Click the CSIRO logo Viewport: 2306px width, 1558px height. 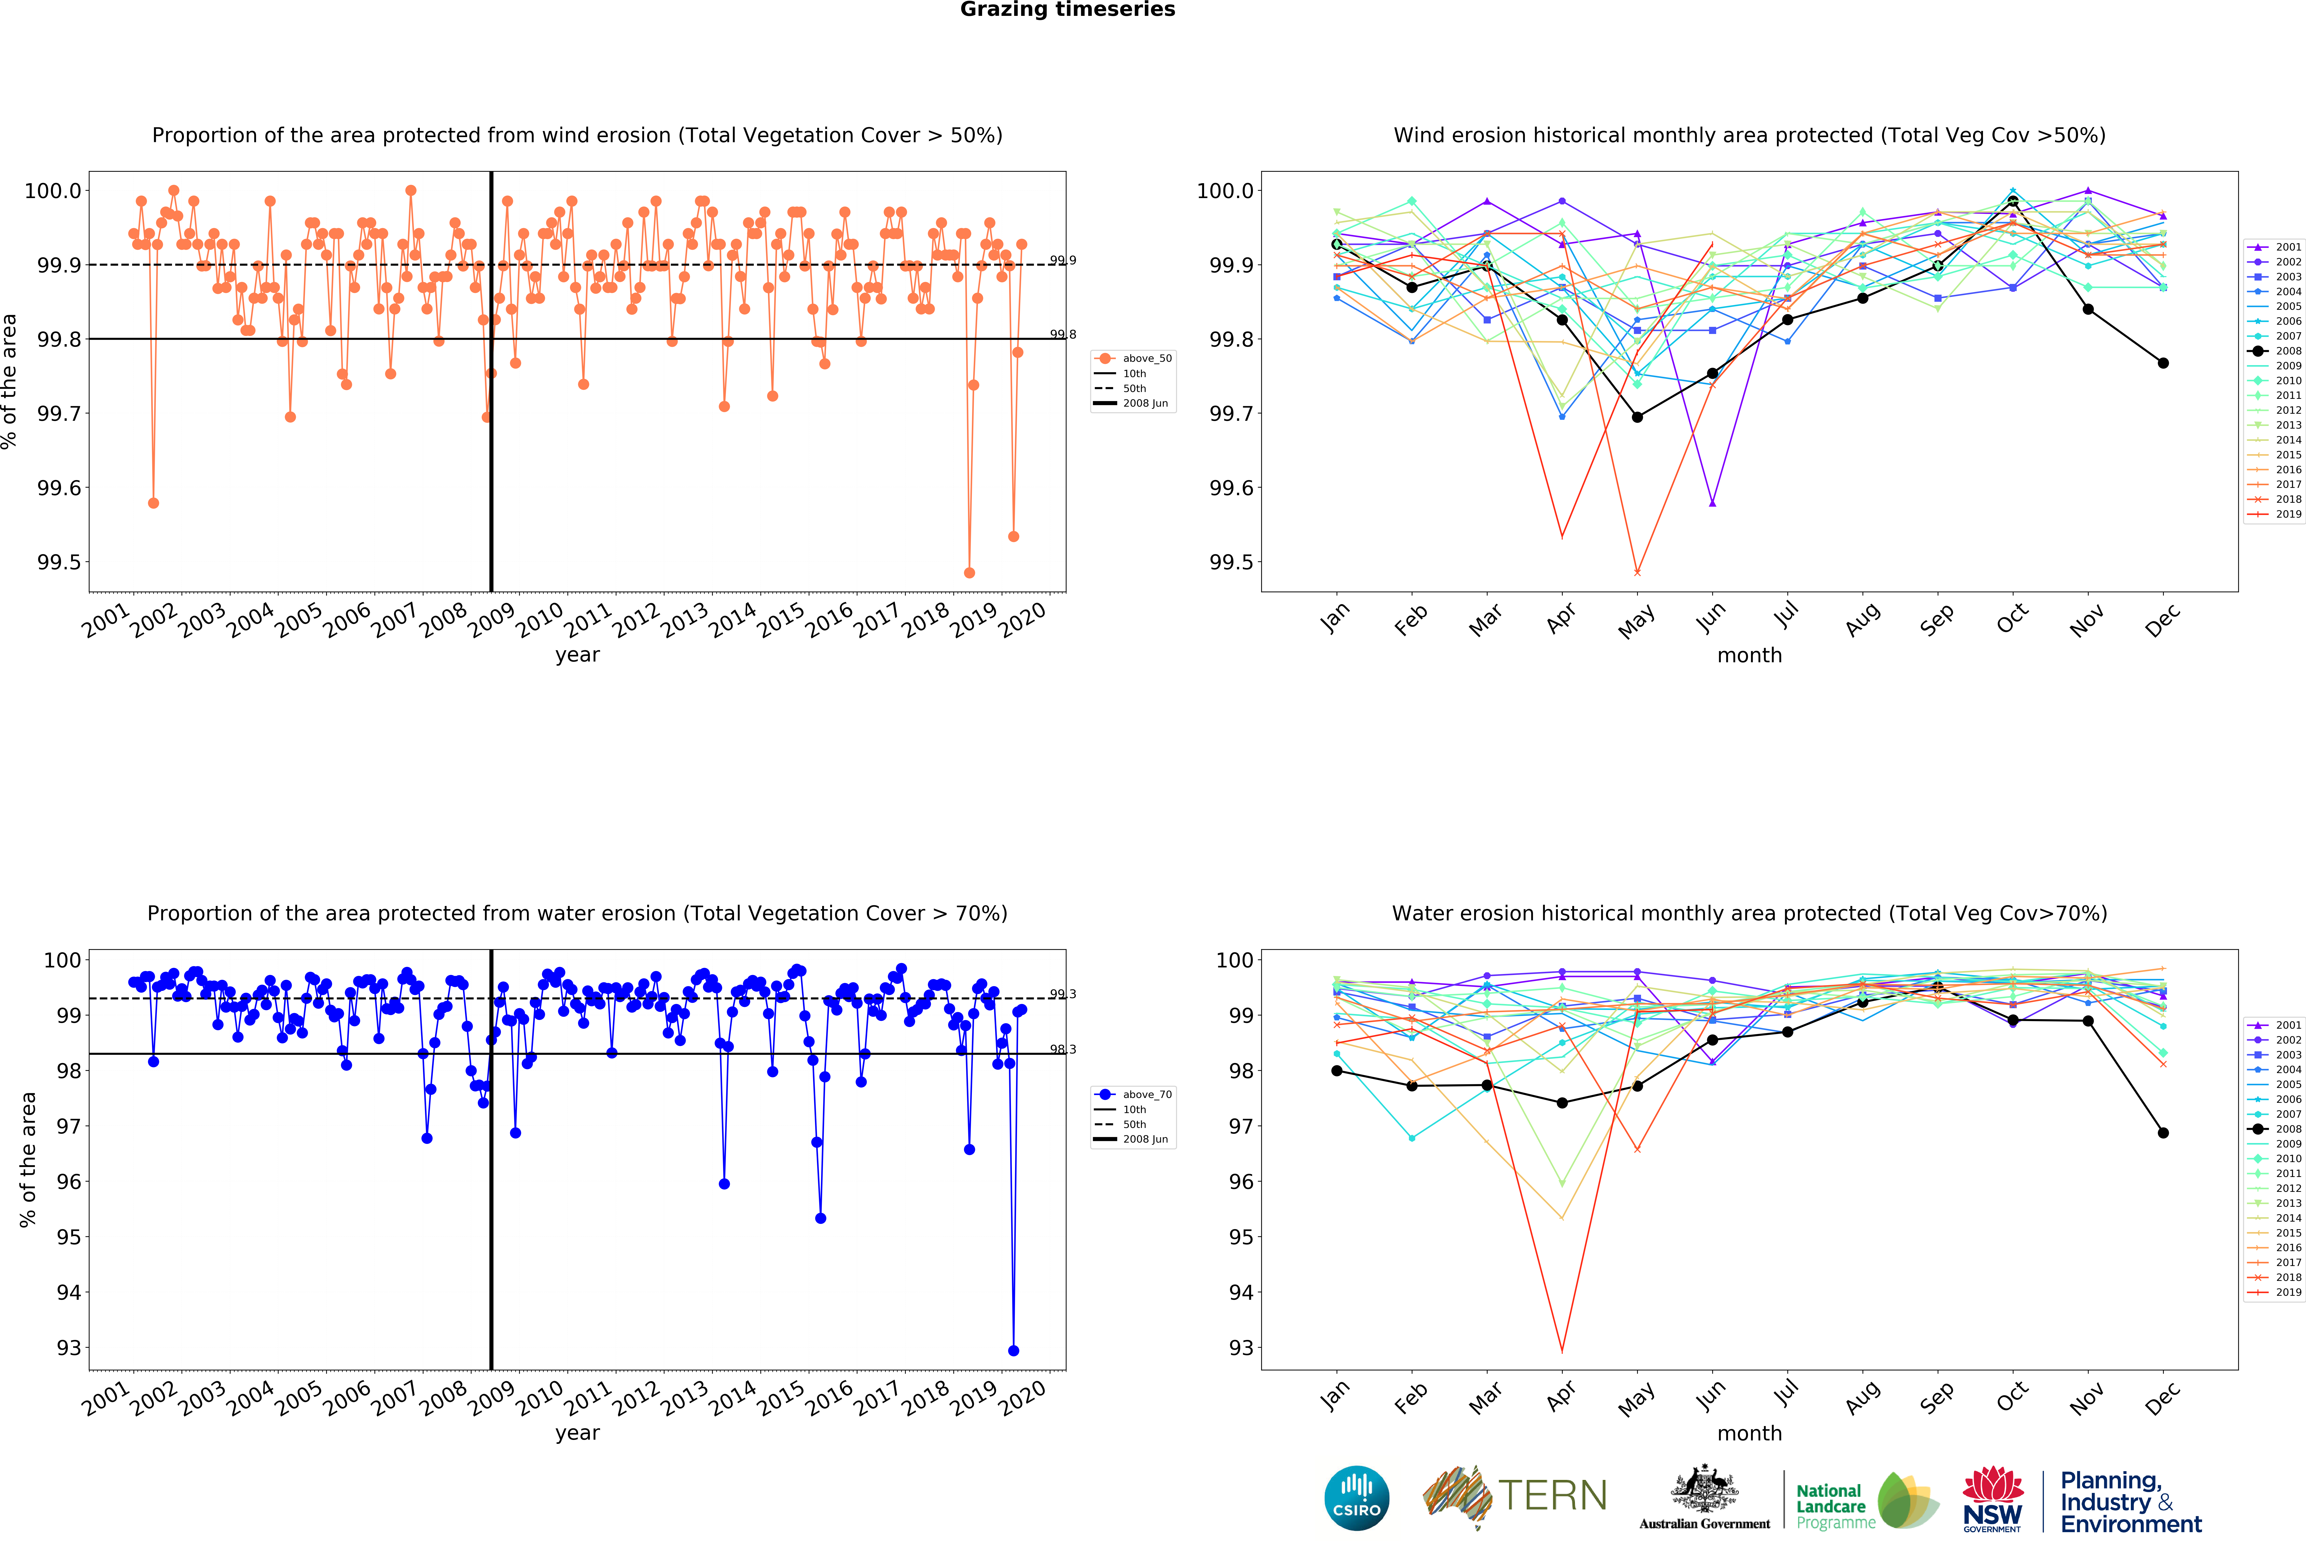click(1356, 1498)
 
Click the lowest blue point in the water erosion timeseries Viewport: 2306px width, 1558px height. click(1013, 1351)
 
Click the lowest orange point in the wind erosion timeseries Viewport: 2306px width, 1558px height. click(969, 573)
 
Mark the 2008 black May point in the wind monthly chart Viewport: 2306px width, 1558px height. click(1637, 417)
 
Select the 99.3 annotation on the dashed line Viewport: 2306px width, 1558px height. click(1063, 994)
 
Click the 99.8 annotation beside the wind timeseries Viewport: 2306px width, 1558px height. click(1063, 334)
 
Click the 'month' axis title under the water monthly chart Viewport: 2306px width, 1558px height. click(1749, 1433)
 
